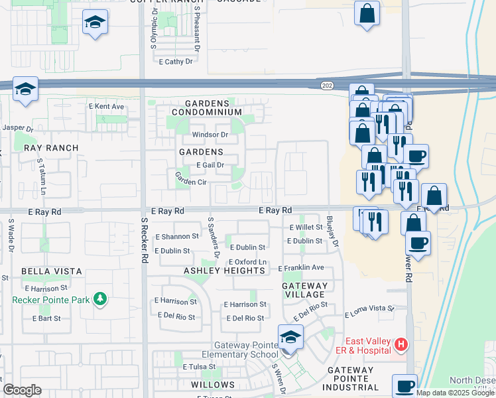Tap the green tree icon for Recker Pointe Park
click(x=100, y=299)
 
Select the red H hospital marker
click(x=401, y=344)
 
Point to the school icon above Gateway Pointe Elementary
click(x=290, y=338)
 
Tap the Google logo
click(x=22, y=390)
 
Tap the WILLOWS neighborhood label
click(x=213, y=385)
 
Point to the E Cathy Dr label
click(x=176, y=62)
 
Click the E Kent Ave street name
click(x=106, y=106)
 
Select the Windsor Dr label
click(x=210, y=135)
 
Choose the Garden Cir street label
click(x=191, y=178)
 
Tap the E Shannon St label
click(x=176, y=236)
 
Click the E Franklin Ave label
click(x=300, y=268)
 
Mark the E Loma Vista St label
click(x=369, y=308)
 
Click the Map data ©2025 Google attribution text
click(x=455, y=392)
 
